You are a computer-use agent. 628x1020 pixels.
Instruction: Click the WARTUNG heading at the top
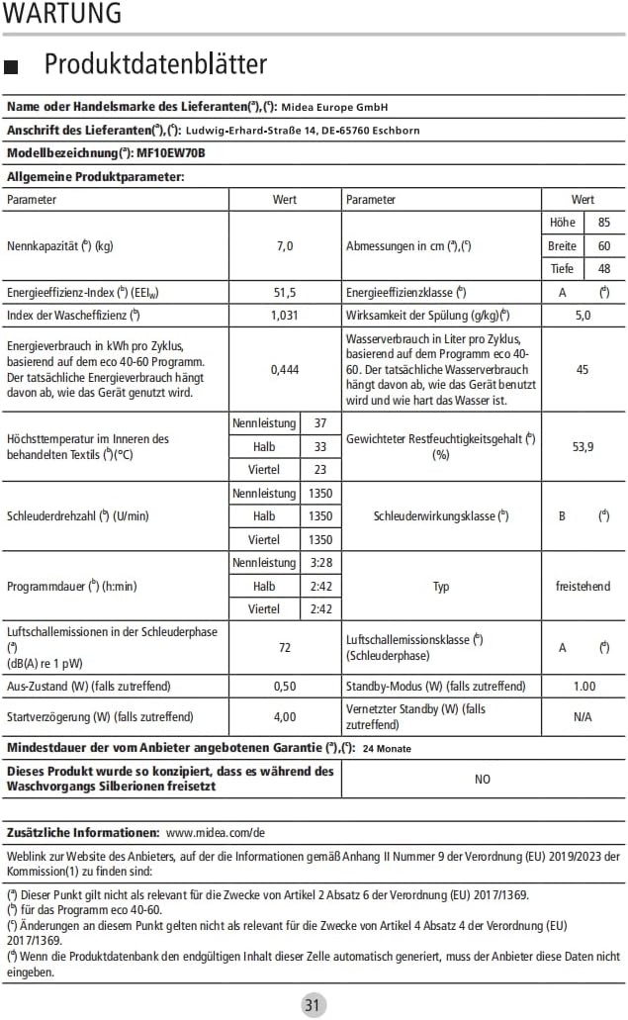click(62, 14)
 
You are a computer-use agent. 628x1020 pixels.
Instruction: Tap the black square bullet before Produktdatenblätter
click(13, 66)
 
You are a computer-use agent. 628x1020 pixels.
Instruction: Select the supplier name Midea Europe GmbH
click(335, 107)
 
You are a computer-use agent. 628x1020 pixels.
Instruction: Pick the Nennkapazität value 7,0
click(285, 245)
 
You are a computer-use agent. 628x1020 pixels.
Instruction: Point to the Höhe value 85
click(603, 223)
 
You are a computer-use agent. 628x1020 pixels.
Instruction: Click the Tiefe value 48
click(603, 268)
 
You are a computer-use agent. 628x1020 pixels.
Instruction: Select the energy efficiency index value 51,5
click(285, 293)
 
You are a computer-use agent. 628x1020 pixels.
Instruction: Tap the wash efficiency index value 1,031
click(285, 316)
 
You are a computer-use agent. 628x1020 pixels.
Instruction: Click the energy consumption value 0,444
click(285, 369)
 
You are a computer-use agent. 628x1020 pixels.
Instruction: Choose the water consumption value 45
click(583, 369)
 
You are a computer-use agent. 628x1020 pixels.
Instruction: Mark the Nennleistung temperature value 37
click(320, 423)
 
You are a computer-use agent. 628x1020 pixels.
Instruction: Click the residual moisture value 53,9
click(583, 446)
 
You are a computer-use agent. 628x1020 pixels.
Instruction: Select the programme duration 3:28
click(320, 563)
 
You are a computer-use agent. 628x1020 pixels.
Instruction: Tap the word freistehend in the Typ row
click(583, 587)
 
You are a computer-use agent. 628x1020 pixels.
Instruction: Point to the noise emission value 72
click(285, 647)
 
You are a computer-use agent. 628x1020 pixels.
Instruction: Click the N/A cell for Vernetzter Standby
click(583, 716)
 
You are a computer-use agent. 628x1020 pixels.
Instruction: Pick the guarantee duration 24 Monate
click(387, 748)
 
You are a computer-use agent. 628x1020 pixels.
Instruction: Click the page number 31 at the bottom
click(313, 1005)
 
